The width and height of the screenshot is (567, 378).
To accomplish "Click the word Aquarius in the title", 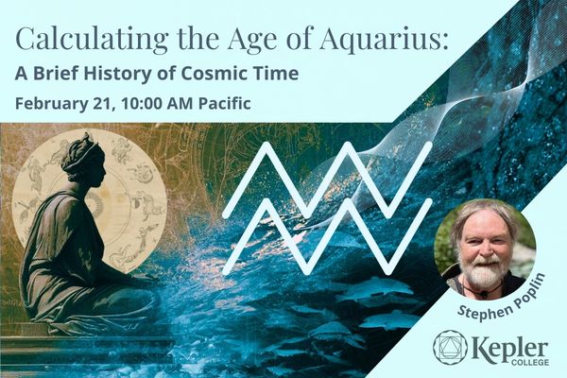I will pyautogui.click(x=383, y=41).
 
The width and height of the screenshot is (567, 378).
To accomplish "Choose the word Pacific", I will pyautogui.click(x=226, y=102).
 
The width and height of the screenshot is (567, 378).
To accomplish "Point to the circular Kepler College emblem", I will pyautogui.click(x=450, y=347).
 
